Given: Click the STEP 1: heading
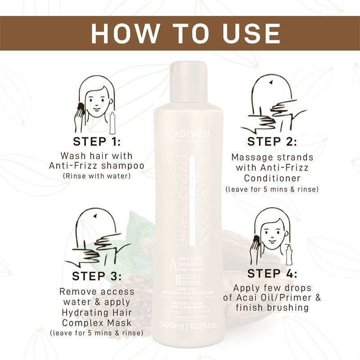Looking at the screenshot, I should coord(97,141).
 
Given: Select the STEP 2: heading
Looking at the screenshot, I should coord(272,141).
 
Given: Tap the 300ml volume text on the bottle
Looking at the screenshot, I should coord(173,325).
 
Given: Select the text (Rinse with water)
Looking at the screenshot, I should coord(97,175).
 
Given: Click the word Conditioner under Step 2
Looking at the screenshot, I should coord(272,179).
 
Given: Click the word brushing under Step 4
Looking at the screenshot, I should coord(286,307).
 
